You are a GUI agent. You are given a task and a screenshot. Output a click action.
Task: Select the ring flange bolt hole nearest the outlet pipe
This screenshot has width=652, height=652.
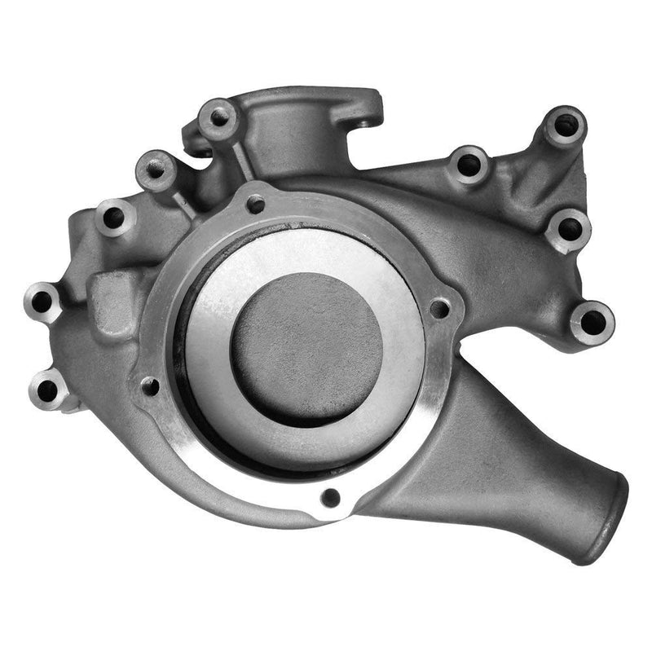tap(330, 496)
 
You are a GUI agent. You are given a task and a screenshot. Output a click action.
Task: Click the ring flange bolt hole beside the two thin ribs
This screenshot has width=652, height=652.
tap(255, 204)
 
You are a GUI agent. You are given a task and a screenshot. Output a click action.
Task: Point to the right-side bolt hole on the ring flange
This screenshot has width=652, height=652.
tap(438, 308)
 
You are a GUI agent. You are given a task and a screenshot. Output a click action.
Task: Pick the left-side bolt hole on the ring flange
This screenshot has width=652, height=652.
tap(149, 385)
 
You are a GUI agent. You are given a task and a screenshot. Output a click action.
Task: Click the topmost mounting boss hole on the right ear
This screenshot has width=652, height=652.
tap(565, 126)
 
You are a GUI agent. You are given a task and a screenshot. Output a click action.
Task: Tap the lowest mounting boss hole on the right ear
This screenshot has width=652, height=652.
tap(592, 322)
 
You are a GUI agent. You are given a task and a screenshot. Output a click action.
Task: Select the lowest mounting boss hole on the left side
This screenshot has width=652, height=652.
tap(48, 390)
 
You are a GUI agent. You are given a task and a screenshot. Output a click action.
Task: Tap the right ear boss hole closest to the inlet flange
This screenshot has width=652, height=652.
tap(469, 165)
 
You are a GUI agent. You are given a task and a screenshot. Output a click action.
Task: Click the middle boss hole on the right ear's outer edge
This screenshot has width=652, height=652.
tap(568, 229)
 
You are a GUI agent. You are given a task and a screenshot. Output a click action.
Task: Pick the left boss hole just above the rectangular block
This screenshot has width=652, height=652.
tap(114, 218)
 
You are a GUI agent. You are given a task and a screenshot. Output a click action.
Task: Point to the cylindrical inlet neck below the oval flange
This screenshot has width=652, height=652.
tap(285, 139)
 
